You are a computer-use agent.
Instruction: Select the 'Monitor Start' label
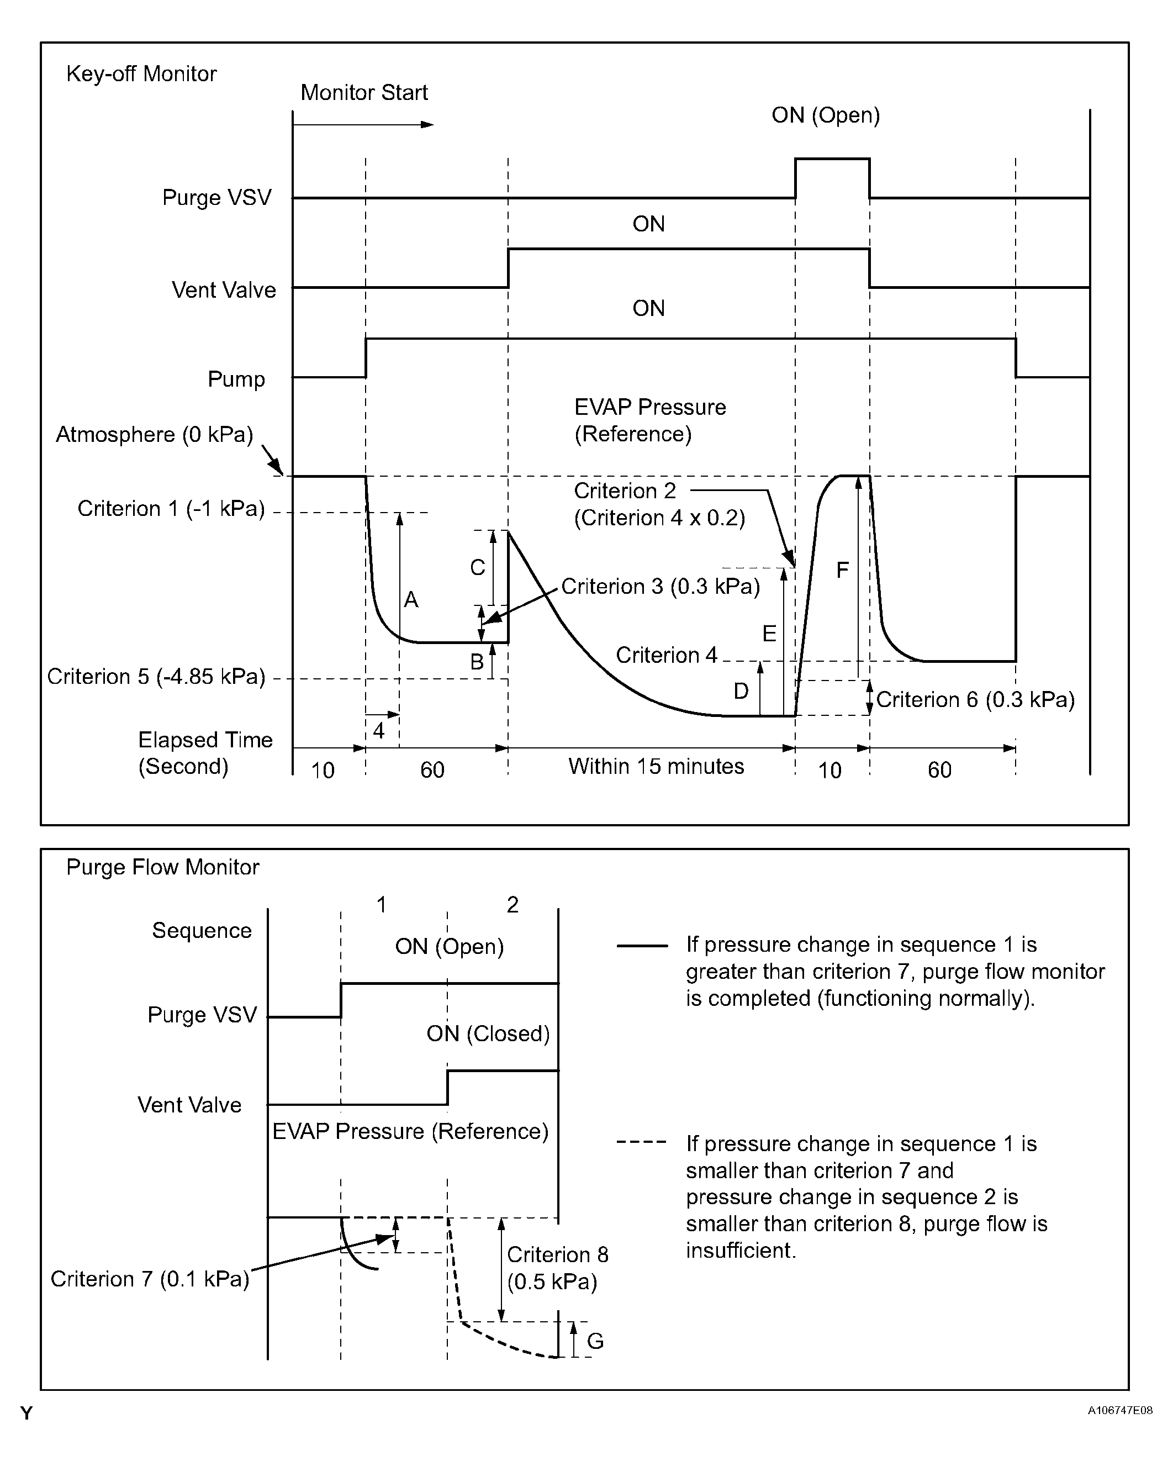pos(364,92)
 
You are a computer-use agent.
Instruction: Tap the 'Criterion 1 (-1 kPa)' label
pos(171,508)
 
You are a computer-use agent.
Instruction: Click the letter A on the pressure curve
pos(411,600)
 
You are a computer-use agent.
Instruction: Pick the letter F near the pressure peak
pos(842,570)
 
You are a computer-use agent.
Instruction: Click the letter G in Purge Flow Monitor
pos(595,1341)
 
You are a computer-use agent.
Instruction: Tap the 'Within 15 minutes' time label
pos(656,767)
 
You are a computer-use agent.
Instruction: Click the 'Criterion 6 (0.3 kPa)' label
pos(975,699)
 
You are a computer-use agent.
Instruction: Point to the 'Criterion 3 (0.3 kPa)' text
pos(661,586)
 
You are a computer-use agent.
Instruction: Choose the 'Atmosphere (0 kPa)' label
pos(155,434)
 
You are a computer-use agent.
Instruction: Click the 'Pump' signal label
pos(236,379)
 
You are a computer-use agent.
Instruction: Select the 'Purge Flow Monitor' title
pos(162,867)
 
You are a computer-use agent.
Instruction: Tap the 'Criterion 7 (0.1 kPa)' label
pos(150,1279)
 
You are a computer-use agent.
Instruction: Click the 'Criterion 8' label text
pos(558,1254)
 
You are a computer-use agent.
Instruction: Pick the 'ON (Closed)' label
pos(488,1033)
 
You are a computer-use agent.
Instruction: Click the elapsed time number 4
pos(379,730)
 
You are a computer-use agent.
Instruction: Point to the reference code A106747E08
pos(1120,1410)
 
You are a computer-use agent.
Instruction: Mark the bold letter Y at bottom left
pos(27,1413)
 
